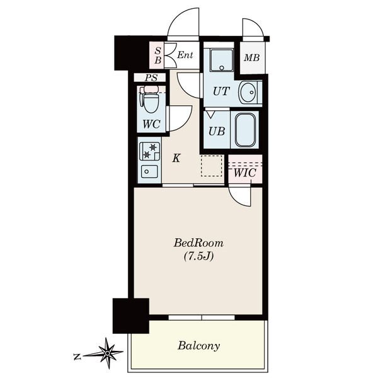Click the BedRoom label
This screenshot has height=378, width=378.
(198, 243)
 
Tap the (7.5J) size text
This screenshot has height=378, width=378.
(198, 256)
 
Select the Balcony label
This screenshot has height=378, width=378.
(198, 346)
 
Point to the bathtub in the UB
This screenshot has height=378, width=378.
(245, 130)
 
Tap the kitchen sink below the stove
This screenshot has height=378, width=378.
(149, 171)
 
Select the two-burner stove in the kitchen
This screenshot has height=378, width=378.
(149, 151)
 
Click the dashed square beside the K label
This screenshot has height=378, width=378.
(212, 166)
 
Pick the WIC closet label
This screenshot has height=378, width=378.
(244, 173)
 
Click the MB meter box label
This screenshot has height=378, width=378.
(251, 58)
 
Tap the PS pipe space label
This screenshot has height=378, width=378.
(151, 77)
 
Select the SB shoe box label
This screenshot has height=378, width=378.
(158, 55)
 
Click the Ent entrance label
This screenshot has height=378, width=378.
(185, 55)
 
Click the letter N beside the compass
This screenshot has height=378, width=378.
(77, 357)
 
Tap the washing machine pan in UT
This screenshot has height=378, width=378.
(222, 60)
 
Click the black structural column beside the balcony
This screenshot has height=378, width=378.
(131, 316)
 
